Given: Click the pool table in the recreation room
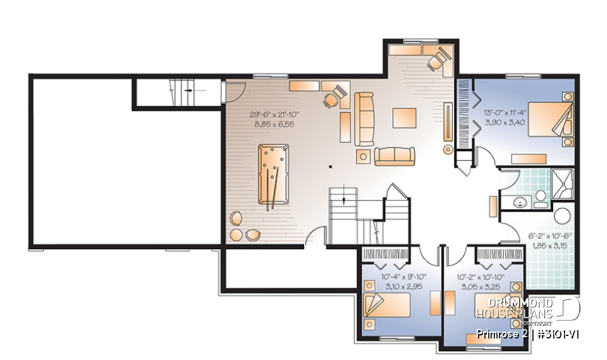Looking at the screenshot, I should (270, 175).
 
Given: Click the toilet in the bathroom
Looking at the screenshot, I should (541, 201).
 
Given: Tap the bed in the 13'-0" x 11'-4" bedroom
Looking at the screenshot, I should (548, 120).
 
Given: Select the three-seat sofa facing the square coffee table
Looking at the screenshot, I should (364, 118).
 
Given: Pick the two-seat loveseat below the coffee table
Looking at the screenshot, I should (395, 155).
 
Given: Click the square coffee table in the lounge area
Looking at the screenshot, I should (405, 118).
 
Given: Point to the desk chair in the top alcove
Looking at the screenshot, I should (436, 61).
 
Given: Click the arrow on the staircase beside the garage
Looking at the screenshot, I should (188, 92).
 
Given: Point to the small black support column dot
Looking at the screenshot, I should (330, 168).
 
